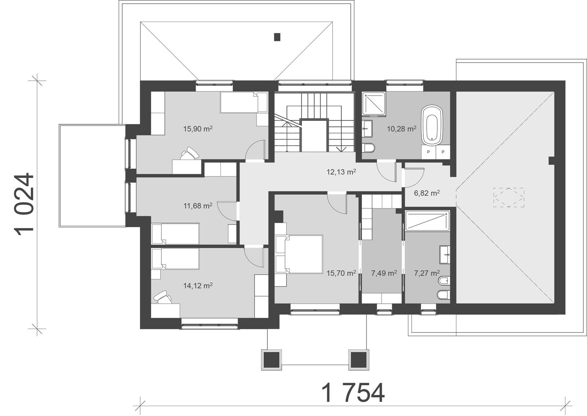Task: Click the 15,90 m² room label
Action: (x=198, y=129)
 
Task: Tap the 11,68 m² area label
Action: (x=198, y=206)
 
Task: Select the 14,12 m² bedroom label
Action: (x=198, y=285)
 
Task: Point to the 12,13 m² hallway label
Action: (x=342, y=172)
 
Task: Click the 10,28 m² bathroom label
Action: (x=402, y=129)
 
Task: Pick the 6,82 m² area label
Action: (x=427, y=193)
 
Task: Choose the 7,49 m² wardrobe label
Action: (x=384, y=273)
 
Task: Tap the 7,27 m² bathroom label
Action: (x=427, y=273)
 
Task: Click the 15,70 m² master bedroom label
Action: (x=341, y=273)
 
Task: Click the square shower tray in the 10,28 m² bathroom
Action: (x=374, y=104)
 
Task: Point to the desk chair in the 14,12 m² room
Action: (x=162, y=297)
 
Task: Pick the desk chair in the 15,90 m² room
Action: (x=190, y=153)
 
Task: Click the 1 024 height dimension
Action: (x=25, y=203)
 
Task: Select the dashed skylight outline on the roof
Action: (x=508, y=197)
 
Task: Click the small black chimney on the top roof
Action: (x=277, y=37)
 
